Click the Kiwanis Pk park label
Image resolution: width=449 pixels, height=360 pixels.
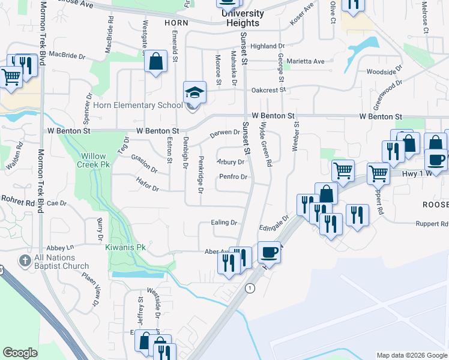coord(125,247)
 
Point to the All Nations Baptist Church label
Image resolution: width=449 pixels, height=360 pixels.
coord(62,262)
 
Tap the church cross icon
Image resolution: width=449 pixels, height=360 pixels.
coord(25,261)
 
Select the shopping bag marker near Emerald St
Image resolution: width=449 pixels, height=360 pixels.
coord(155,62)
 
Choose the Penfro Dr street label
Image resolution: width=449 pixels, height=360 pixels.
coord(234,177)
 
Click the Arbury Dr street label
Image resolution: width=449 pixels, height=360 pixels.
coord(231,162)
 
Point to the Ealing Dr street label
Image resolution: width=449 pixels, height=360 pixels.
coord(224,223)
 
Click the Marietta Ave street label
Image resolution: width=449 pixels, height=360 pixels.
coord(306,61)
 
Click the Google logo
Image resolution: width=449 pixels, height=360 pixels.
coord(20,353)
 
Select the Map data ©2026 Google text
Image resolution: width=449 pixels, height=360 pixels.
coord(412,355)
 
